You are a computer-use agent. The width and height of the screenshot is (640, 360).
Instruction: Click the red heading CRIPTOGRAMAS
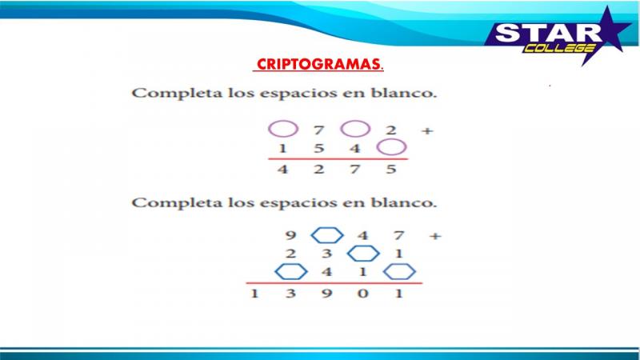[x=318, y=64]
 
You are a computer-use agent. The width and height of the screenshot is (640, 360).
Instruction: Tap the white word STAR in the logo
[x=548, y=33]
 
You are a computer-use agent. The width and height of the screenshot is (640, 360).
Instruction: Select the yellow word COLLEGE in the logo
[x=559, y=48]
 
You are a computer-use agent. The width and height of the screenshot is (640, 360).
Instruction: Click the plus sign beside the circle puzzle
[x=427, y=131]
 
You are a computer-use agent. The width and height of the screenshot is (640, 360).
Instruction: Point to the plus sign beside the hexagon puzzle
[x=435, y=236]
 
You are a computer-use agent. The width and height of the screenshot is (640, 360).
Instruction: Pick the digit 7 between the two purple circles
[x=318, y=130]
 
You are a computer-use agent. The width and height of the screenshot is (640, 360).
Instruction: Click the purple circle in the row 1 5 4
[x=391, y=147]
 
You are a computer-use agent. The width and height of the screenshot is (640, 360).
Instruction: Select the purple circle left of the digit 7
[x=283, y=129]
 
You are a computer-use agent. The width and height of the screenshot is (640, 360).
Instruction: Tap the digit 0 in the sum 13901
[x=363, y=293]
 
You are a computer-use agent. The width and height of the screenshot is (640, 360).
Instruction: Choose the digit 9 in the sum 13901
[x=326, y=294]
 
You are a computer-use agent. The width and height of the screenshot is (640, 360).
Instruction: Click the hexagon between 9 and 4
[x=327, y=235]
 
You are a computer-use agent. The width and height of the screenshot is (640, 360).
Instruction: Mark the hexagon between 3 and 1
[x=363, y=254]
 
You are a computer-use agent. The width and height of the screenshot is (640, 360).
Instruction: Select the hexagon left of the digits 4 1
[x=291, y=271]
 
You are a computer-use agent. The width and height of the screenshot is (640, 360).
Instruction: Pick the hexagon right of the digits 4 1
[x=399, y=271]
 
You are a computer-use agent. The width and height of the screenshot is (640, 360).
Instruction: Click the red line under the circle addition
[x=338, y=158]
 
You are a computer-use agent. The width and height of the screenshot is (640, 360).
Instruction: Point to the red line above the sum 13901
[x=334, y=282]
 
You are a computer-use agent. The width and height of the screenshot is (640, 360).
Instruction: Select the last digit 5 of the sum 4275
[x=391, y=169]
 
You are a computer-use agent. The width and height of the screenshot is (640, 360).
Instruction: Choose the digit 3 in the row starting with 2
[x=326, y=254]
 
